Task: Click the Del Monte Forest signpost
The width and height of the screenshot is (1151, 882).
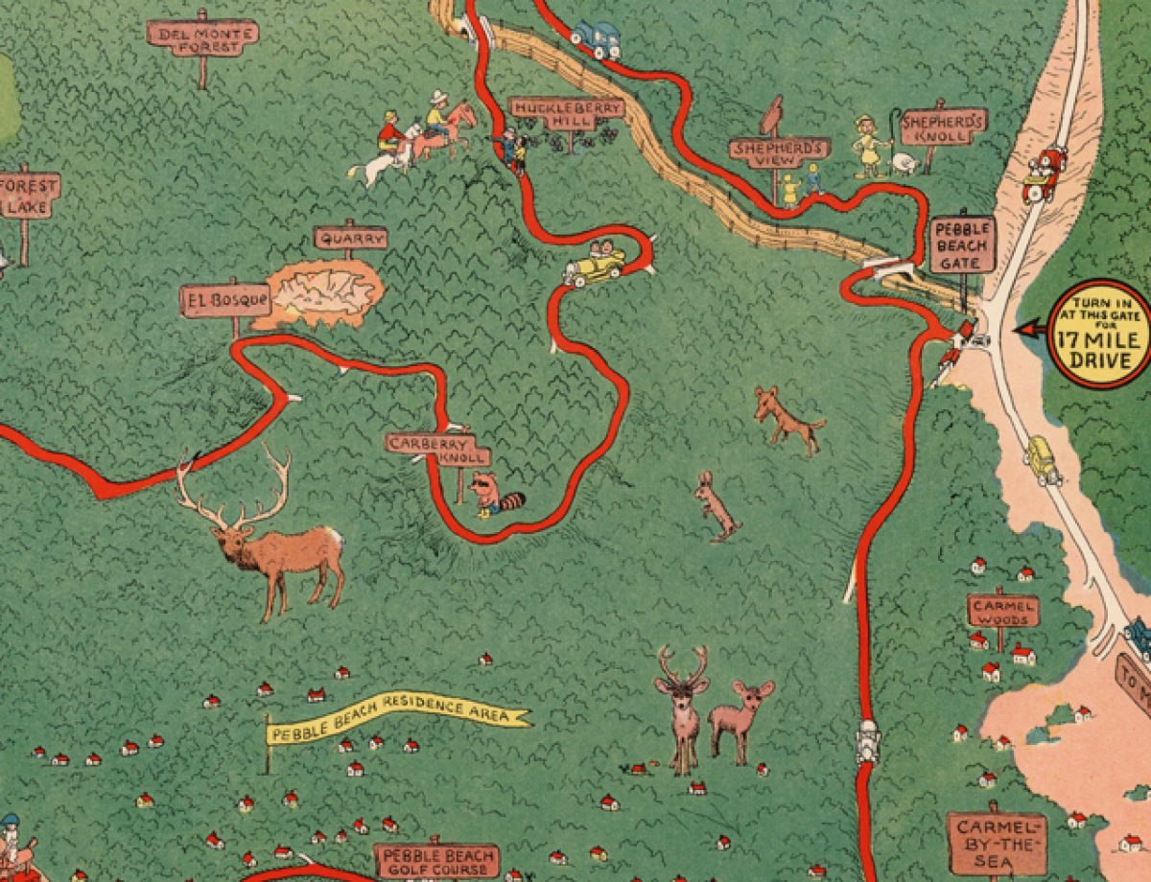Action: click(202, 35)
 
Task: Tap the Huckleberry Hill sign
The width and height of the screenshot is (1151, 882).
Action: click(565, 108)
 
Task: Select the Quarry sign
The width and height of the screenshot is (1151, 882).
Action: click(350, 238)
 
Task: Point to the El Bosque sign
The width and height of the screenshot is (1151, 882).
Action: click(225, 300)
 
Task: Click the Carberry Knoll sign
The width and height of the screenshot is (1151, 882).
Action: click(437, 449)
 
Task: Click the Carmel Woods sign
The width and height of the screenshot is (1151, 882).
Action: click(1002, 610)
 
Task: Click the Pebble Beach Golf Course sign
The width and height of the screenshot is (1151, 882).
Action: click(437, 860)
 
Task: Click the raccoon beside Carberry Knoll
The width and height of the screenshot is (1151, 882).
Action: click(494, 494)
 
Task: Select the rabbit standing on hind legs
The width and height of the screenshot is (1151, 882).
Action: click(716, 506)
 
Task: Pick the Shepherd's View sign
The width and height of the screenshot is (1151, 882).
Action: click(779, 151)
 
